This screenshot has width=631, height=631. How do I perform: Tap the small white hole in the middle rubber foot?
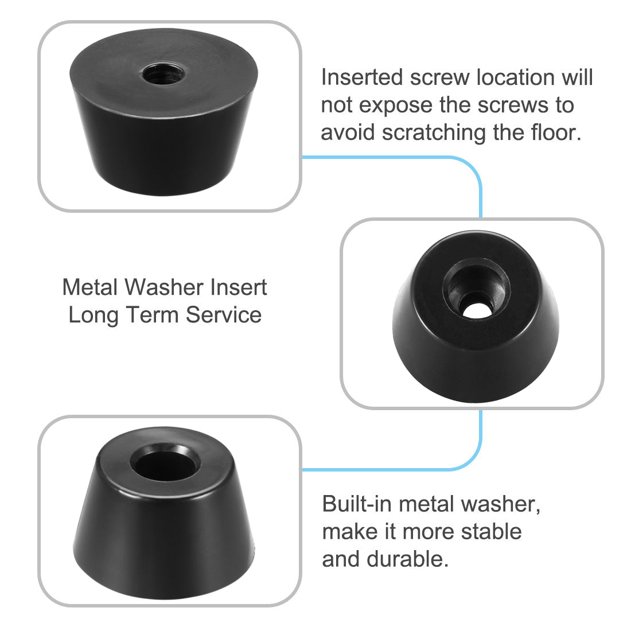pos(475,310)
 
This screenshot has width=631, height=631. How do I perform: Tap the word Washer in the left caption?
pos(163,287)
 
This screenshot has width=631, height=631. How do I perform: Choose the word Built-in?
pos(357,504)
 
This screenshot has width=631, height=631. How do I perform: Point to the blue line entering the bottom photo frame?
pos(390,469)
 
